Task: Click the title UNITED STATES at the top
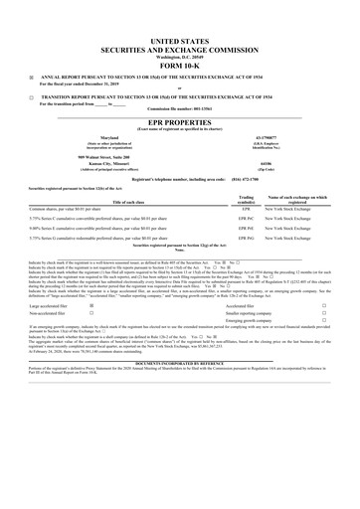click(180, 34)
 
